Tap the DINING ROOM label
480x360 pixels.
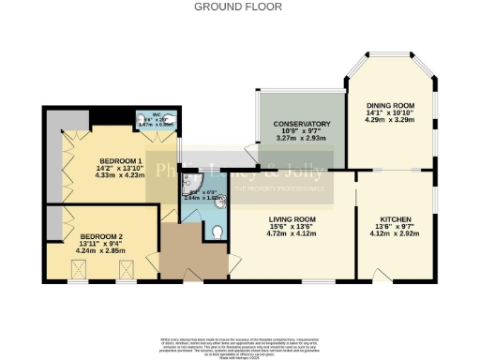(x=389, y=105)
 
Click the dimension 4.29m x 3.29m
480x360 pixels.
(x=389, y=120)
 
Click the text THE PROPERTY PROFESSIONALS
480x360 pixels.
(x=283, y=189)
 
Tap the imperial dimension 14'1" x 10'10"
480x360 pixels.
(x=389, y=112)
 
